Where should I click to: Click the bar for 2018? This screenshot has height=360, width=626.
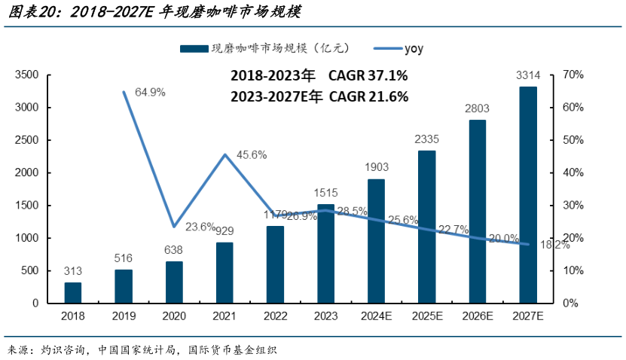pos(73,293)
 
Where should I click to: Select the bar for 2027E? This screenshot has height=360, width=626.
pos(528,195)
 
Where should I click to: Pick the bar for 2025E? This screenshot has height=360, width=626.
pos(427,227)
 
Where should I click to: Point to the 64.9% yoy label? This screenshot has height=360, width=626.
pos(150,92)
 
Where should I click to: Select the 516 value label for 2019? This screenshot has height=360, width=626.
pos(124,258)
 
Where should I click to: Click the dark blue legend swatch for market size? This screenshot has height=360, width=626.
pos(193,48)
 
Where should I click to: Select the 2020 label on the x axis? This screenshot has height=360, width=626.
pos(174,316)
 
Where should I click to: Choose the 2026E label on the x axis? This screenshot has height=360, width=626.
pos(478,316)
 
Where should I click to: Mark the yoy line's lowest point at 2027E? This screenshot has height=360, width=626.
pos(528,244)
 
